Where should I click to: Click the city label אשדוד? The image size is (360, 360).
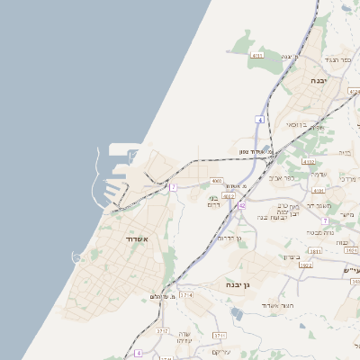pos(144,239)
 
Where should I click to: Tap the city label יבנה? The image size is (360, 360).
pos(319,80)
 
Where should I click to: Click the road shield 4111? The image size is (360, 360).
pos(257,56)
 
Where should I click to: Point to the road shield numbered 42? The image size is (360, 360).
pos(241,206)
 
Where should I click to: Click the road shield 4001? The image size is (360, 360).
pos(217,181)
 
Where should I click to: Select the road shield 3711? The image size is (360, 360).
pos(219,335)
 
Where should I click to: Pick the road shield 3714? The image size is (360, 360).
pos(186,294)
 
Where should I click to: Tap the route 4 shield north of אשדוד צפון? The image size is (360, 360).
pos(259,120)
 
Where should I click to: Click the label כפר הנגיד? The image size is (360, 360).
pos(335,59)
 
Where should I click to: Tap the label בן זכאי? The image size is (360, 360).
pos(297,125)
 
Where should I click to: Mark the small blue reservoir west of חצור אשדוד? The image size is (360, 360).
pos(236,312)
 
